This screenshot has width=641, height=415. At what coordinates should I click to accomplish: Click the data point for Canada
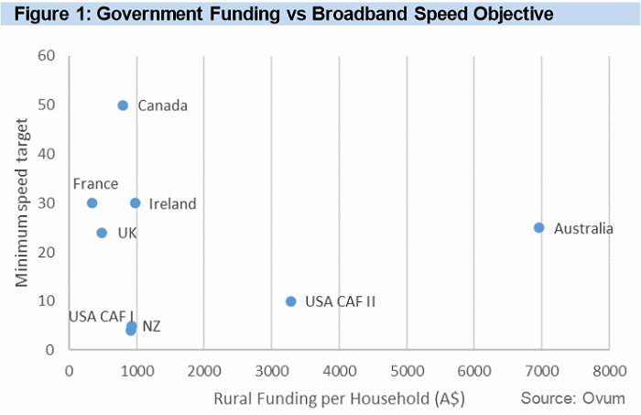click(x=123, y=105)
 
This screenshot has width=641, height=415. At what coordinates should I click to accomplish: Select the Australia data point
click(x=538, y=227)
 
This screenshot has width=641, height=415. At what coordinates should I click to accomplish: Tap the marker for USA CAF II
click(x=291, y=300)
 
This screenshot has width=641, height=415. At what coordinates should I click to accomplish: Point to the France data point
click(x=92, y=202)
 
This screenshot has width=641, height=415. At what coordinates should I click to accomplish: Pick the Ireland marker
click(x=135, y=202)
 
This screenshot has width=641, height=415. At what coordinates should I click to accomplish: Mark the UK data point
click(x=102, y=233)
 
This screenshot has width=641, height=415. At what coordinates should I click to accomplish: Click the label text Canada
click(x=162, y=105)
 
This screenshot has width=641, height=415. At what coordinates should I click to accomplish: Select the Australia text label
click(x=583, y=228)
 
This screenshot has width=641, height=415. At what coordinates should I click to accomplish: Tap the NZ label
click(x=151, y=326)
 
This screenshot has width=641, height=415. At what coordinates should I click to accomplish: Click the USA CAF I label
click(x=101, y=316)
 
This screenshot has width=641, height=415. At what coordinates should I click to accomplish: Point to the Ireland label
click(x=172, y=203)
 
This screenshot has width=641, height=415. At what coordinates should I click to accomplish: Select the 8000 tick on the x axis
click(x=609, y=370)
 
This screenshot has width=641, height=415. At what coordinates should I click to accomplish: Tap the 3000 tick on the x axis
click(x=271, y=370)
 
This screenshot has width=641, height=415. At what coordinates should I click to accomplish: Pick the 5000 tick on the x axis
click(x=406, y=370)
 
